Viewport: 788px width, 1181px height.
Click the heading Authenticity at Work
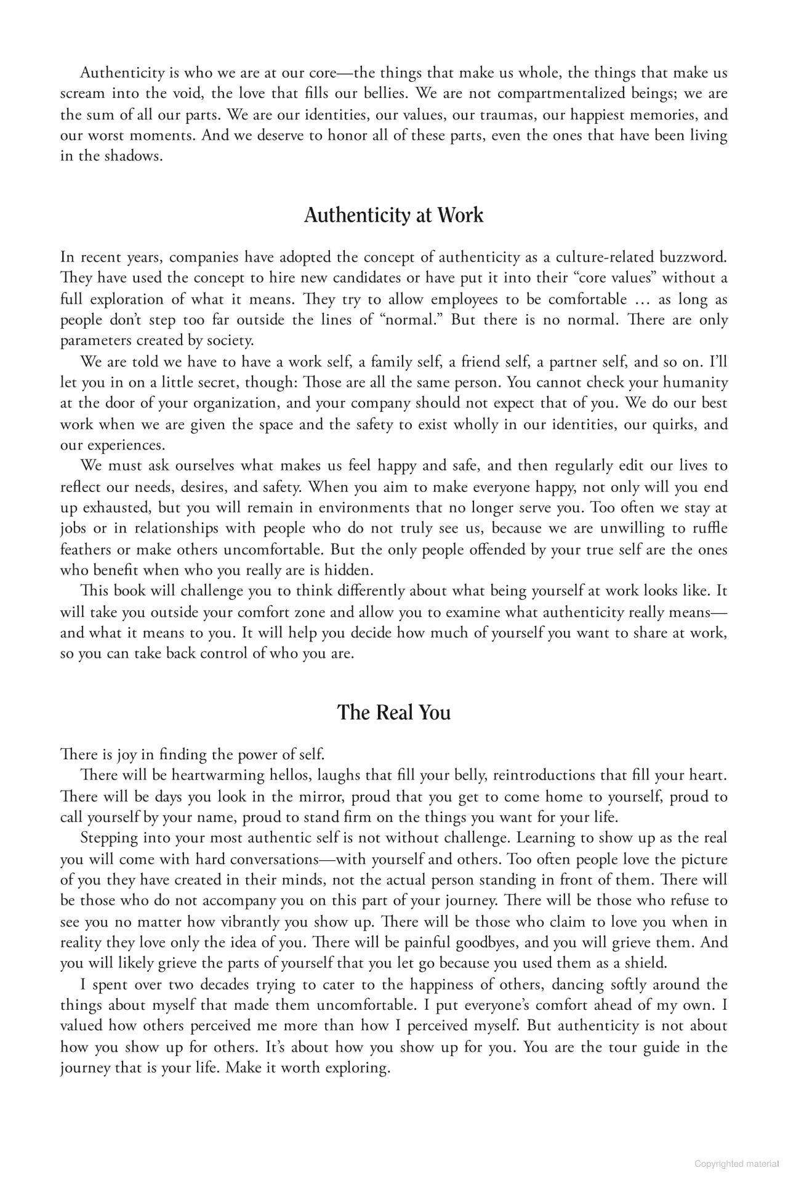[x=393, y=216]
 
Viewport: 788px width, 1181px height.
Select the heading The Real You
[x=393, y=712]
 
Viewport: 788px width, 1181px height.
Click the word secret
[x=218, y=382]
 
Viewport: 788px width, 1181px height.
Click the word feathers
[x=86, y=549]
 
